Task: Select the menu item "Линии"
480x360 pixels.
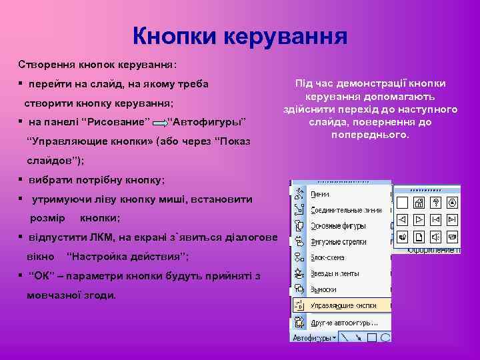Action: (320, 194)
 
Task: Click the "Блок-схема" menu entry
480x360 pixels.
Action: (327, 257)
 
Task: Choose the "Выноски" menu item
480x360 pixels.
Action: (323, 289)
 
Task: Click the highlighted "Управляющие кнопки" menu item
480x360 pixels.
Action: (343, 305)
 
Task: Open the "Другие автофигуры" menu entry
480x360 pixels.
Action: (344, 323)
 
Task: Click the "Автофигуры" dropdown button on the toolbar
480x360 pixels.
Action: (314, 338)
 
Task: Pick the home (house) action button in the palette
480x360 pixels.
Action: (419, 203)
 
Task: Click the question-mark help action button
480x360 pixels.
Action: (436, 203)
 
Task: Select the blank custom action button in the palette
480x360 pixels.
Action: (402, 203)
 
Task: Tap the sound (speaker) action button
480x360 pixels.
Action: (436, 237)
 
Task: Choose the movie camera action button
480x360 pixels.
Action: (453, 237)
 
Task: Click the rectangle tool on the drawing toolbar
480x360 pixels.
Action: (372, 338)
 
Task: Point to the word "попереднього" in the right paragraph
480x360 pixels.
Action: (369, 135)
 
